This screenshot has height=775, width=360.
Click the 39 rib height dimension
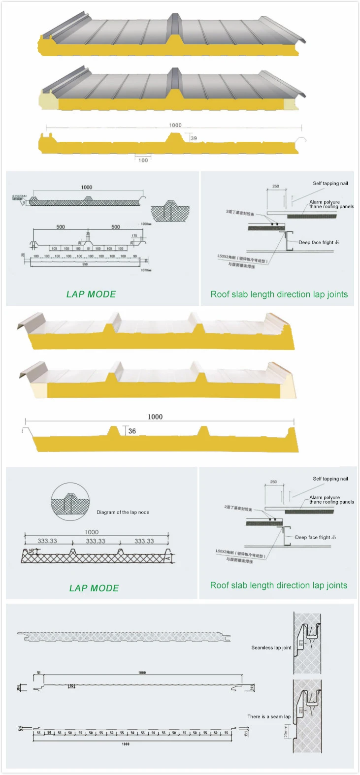[x=194, y=138]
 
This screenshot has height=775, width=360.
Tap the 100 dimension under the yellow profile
[x=143, y=160]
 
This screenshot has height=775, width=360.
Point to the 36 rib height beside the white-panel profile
[x=132, y=431]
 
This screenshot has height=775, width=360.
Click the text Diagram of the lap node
[x=123, y=512]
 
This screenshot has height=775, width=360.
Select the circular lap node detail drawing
[x=70, y=502]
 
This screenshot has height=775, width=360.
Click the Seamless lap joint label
[x=271, y=647]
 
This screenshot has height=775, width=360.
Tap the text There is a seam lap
[x=269, y=716]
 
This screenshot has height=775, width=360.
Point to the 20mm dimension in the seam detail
[x=286, y=734]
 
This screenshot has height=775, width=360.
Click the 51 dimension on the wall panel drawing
[x=39, y=673]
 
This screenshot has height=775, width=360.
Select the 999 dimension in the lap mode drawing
[x=85, y=264]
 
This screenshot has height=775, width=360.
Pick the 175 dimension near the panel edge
[x=134, y=236]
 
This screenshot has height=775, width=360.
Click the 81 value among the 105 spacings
[x=89, y=249]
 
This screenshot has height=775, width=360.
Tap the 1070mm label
[x=146, y=270]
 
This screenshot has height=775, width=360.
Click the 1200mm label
[x=146, y=224]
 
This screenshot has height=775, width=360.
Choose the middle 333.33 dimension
[x=96, y=541]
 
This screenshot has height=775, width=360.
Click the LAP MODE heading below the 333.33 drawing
[x=94, y=588]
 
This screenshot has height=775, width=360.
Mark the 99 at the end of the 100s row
[x=135, y=257]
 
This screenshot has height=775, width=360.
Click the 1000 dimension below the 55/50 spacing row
[x=126, y=744]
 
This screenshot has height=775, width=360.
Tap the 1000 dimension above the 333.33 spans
[x=92, y=532]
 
